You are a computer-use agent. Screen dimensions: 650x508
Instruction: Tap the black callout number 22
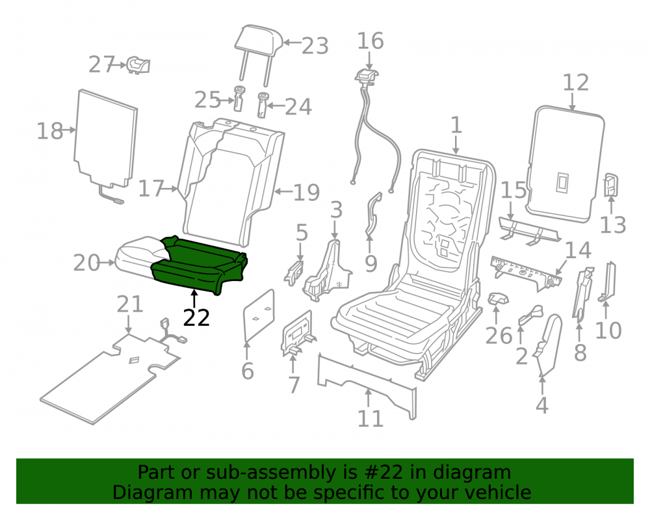[x=196, y=318]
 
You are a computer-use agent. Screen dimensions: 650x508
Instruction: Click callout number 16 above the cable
[x=370, y=41]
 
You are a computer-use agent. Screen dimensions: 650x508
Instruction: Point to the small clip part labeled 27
[x=138, y=66]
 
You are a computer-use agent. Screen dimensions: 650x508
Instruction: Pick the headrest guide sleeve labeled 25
[x=239, y=98]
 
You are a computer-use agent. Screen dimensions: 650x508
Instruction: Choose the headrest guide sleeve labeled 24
[x=263, y=105]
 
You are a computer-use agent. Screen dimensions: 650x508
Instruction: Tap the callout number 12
[x=576, y=83]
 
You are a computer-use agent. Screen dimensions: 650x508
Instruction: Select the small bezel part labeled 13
[x=611, y=185]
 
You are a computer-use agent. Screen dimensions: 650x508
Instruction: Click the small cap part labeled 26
[x=498, y=299]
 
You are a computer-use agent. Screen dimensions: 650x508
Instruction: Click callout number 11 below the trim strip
[x=370, y=419]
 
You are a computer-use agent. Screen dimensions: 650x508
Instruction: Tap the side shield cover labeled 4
[x=549, y=344]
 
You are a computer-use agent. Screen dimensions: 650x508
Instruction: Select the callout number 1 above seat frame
[x=456, y=125]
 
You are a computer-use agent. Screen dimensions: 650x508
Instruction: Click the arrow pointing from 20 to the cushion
[x=108, y=263]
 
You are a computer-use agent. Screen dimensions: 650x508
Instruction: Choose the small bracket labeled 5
[x=294, y=273]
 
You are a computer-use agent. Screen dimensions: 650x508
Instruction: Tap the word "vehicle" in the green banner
[x=499, y=492]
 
